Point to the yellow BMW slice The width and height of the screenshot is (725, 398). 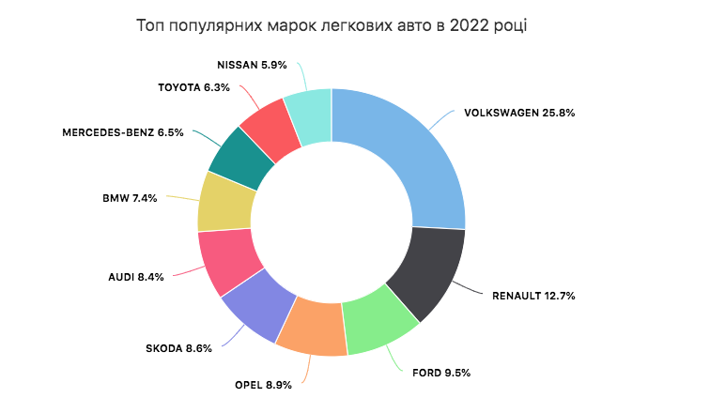(x=225, y=201)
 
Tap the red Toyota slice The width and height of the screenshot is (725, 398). (x=269, y=121)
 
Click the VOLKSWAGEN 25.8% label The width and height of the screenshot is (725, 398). (x=519, y=113)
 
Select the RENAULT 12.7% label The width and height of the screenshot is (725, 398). (x=533, y=296)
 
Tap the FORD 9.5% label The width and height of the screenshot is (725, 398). (x=441, y=373)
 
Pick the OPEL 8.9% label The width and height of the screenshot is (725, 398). (x=263, y=385)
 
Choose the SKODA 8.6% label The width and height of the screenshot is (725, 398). (x=178, y=348)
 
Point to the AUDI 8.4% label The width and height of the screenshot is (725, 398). (x=137, y=277)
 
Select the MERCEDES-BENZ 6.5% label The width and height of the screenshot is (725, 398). (x=123, y=132)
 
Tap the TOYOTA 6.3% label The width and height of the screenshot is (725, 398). (x=193, y=87)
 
